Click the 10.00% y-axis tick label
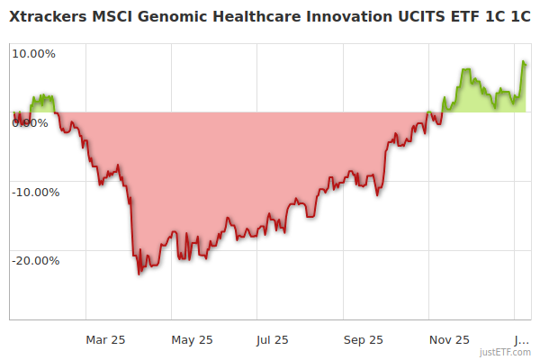[x=32, y=53]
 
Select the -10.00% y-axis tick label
[x=34, y=192]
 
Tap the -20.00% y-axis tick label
[x=34, y=261]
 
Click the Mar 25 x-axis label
[x=105, y=339]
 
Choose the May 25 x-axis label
[x=192, y=339]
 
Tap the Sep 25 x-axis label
[x=363, y=339]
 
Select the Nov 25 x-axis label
[x=449, y=339]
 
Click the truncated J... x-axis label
[x=521, y=339]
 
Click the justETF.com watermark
[x=506, y=352]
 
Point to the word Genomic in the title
[x=167, y=17]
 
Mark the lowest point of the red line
[x=139, y=274]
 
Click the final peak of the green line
[x=524, y=61]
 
